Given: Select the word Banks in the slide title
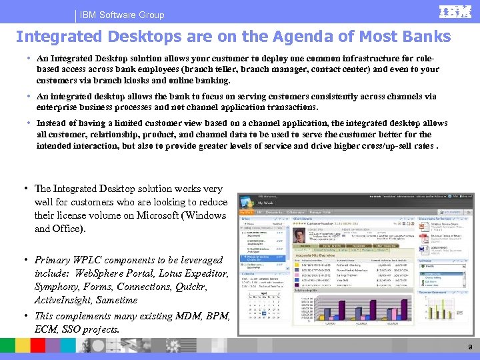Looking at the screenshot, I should tap(426, 36).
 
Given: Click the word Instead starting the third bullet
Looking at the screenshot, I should tap(51, 123).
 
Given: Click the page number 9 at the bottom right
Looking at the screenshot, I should tap(470, 347).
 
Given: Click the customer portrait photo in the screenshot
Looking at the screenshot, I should tap(300, 237).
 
